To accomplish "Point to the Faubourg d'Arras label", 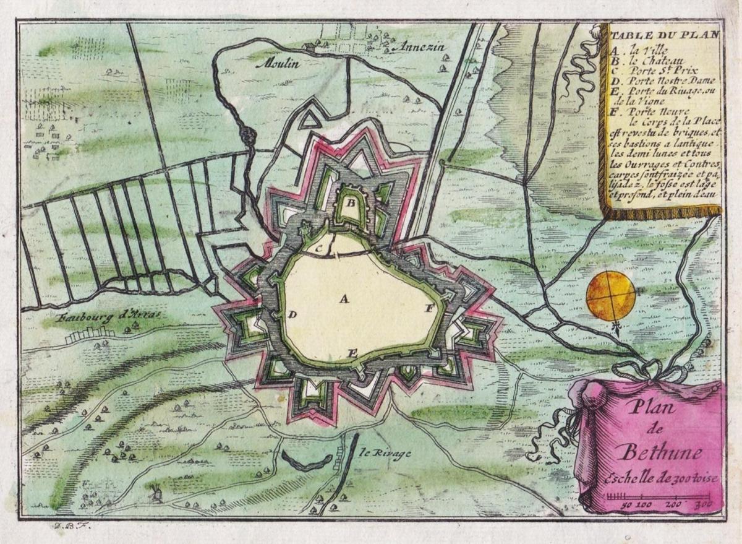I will [x=108, y=316].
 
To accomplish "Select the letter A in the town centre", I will [x=344, y=299].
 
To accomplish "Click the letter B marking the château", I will [x=349, y=202].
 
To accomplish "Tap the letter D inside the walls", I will [x=292, y=314].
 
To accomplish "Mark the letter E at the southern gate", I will [x=352, y=353].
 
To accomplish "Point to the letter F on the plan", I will [x=427, y=308].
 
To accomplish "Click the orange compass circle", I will [x=610, y=296].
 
